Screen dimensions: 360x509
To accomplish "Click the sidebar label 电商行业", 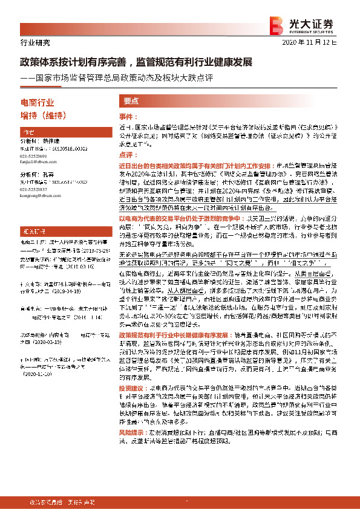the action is click(38, 103).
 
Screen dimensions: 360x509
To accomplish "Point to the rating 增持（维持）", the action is click(43, 115).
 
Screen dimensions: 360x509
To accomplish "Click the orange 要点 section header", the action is click(131, 102).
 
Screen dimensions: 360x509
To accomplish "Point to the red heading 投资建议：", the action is click(133, 405).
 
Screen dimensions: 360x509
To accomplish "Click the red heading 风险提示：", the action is click(133, 450).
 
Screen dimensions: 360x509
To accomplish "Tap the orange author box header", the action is click(28, 132).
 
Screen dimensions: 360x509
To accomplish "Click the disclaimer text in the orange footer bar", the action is click(61, 502).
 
